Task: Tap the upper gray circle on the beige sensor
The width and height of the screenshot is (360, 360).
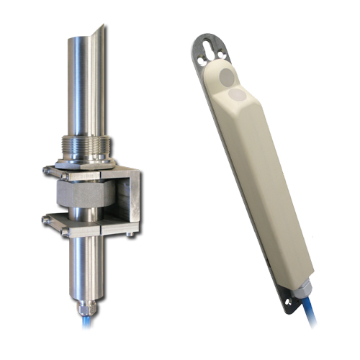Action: click(226, 75)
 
